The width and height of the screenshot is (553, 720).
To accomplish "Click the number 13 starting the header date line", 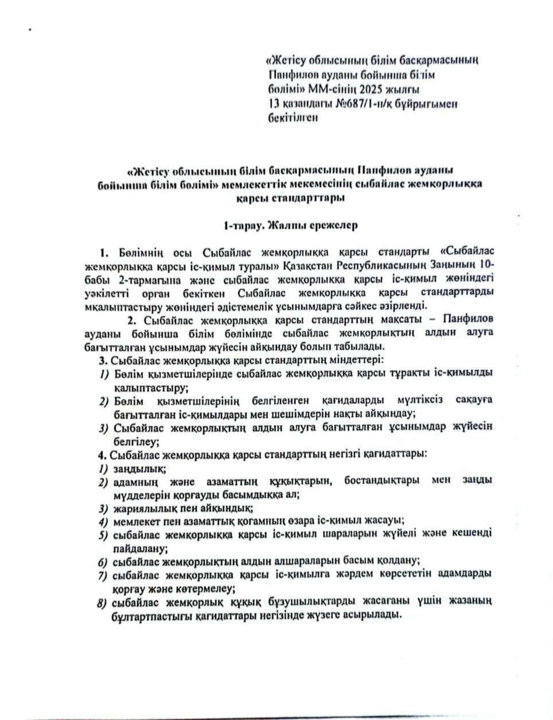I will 274,104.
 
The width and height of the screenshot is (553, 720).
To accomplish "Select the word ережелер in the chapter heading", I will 334,225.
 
